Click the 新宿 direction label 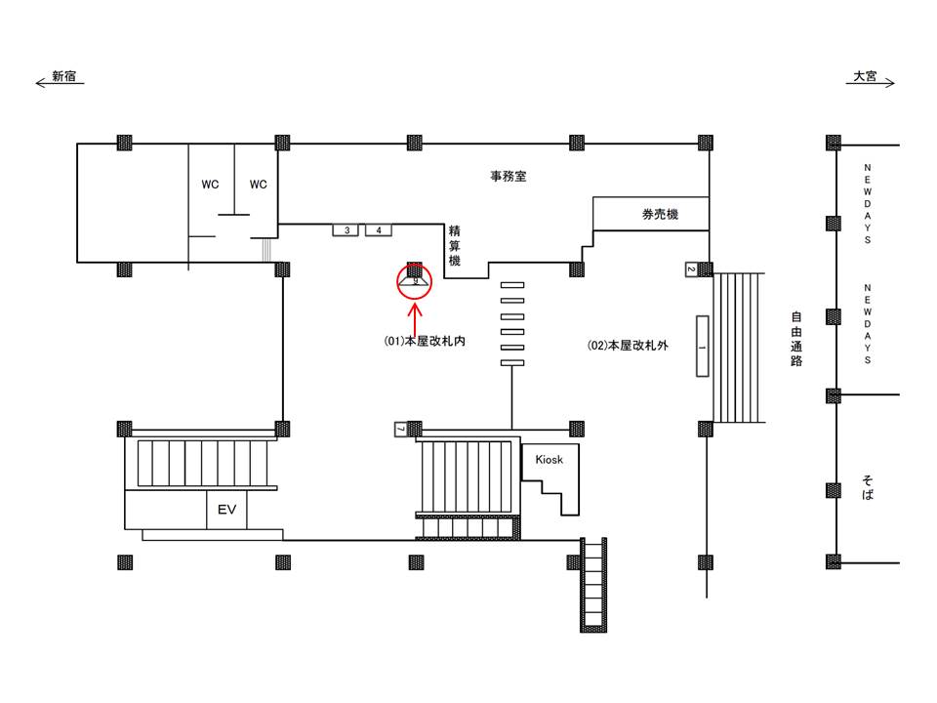click(x=64, y=76)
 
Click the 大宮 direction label click(x=865, y=76)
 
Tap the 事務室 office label click(x=509, y=177)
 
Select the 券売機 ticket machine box click(x=651, y=214)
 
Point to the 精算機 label click(x=455, y=246)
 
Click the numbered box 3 click(x=346, y=230)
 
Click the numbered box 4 click(x=379, y=230)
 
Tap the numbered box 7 click(x=401, y=429)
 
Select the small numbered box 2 click(x=691, y=269)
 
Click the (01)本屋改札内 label click(x=425, y=342)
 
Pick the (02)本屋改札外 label click(x=628, y=346)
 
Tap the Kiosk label click(x=550, y=460)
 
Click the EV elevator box click(x=226, y=510)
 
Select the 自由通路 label click(x=796, y=339)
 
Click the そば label click(x=868, y=488)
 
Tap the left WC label click(x=210, y=185)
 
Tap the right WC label click(x=258, y=185)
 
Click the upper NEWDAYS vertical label click(x=868, y=204)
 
